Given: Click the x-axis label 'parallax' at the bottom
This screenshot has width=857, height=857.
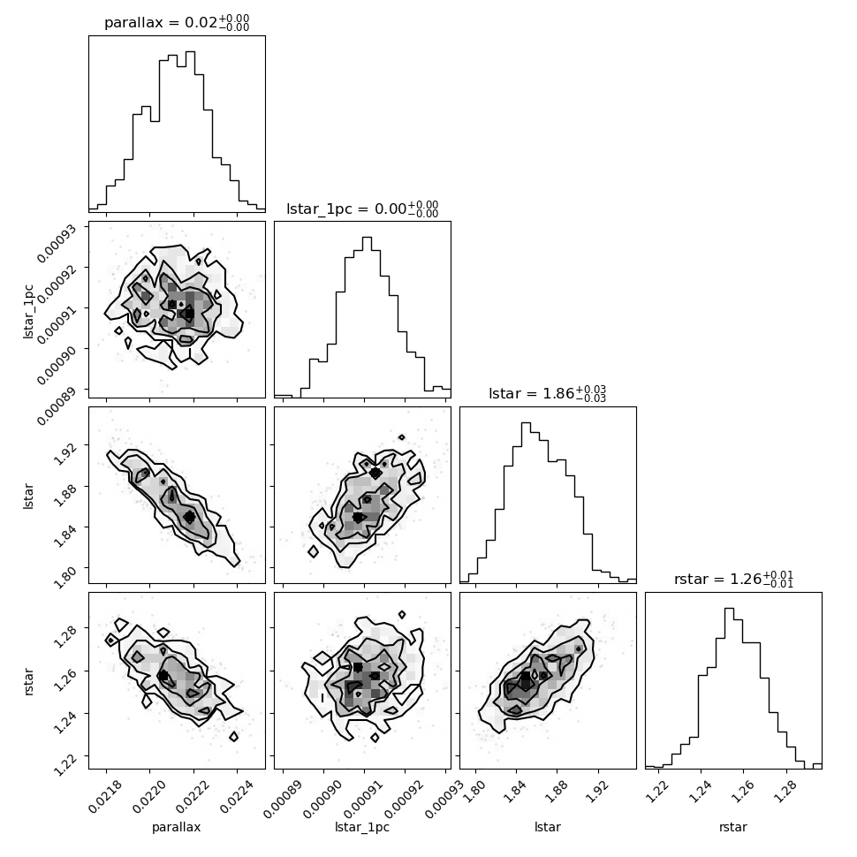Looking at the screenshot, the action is tap(176, 828).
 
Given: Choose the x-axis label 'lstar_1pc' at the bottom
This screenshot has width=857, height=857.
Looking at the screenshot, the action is tap(362, 828).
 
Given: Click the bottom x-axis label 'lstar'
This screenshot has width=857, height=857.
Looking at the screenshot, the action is tap(547, 827).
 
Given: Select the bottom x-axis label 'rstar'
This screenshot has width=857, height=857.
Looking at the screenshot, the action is tap(733, 827).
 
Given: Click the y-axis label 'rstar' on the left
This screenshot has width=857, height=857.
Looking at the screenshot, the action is tap(28, 681).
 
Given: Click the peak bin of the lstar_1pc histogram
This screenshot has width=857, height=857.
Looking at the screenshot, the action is tap(367, 317).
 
